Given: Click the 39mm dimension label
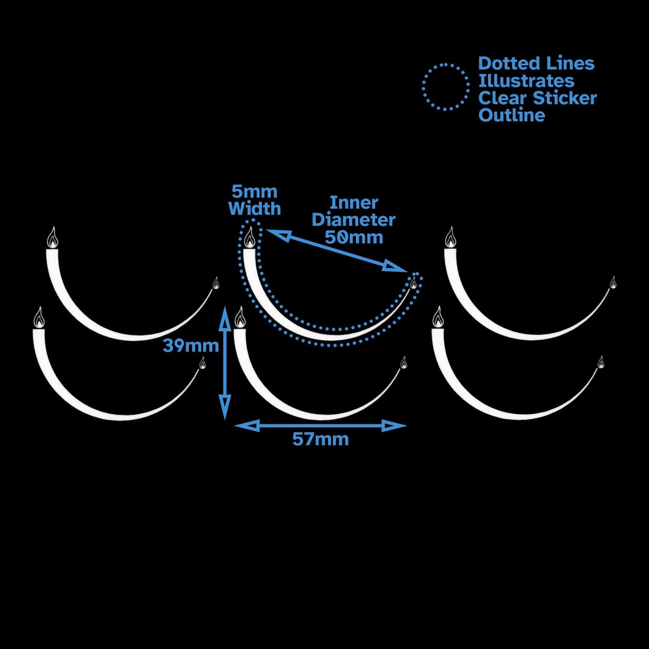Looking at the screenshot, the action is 191,345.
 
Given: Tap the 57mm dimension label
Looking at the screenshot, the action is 320,439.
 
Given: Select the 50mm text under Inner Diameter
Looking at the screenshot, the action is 354,237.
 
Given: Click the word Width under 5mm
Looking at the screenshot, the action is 255,209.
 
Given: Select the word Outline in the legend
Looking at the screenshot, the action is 511,115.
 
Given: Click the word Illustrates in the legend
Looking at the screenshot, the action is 526,81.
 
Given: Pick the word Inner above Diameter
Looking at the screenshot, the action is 354,203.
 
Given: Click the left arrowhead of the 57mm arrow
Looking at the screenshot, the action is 247,425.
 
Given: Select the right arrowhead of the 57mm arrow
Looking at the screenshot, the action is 394,425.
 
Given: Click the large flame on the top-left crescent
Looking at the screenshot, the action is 52,237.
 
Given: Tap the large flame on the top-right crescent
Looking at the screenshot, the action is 451,237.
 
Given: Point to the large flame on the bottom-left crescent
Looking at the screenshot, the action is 39,317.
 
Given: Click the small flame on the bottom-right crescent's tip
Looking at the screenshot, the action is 600,362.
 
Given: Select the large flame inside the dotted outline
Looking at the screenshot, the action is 249,237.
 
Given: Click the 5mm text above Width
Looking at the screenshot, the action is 255,192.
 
